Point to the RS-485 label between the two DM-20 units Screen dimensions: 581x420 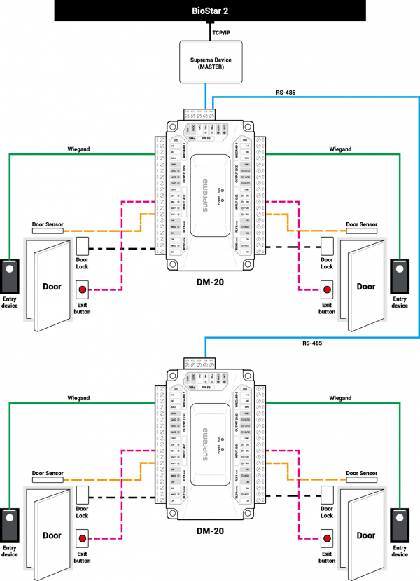click(x=312, y=343)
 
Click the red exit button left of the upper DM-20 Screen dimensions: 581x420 click(x=83, y=289)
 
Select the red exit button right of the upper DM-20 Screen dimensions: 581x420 click(x=327, y=289)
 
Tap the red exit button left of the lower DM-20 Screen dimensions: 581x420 click(x=83, y=538)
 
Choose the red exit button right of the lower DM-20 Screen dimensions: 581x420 click(x=327, y=538)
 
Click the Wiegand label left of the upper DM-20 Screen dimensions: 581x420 click(x=78, y=149)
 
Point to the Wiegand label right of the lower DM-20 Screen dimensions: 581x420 click(x=340, y=398)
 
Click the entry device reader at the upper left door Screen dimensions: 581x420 click(x=10, y=275)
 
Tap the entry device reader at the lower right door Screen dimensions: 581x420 click(x=400, y=524)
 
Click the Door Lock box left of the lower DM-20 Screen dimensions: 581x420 click(x=83, y=495)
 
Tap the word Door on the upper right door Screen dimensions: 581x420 click(x=366, y=286)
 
